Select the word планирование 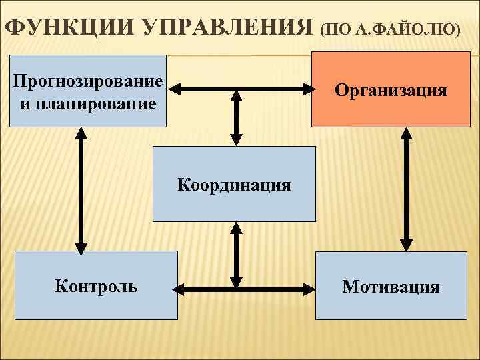(x=97, y=103)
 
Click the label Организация (x=391, y=89)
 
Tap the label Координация (x=234, y=184)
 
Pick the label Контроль (x=97, y=287)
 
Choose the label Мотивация (x=391, y=287)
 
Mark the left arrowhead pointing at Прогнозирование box (x=174, y=89)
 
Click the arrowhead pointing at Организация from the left (x=307, y=89)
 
